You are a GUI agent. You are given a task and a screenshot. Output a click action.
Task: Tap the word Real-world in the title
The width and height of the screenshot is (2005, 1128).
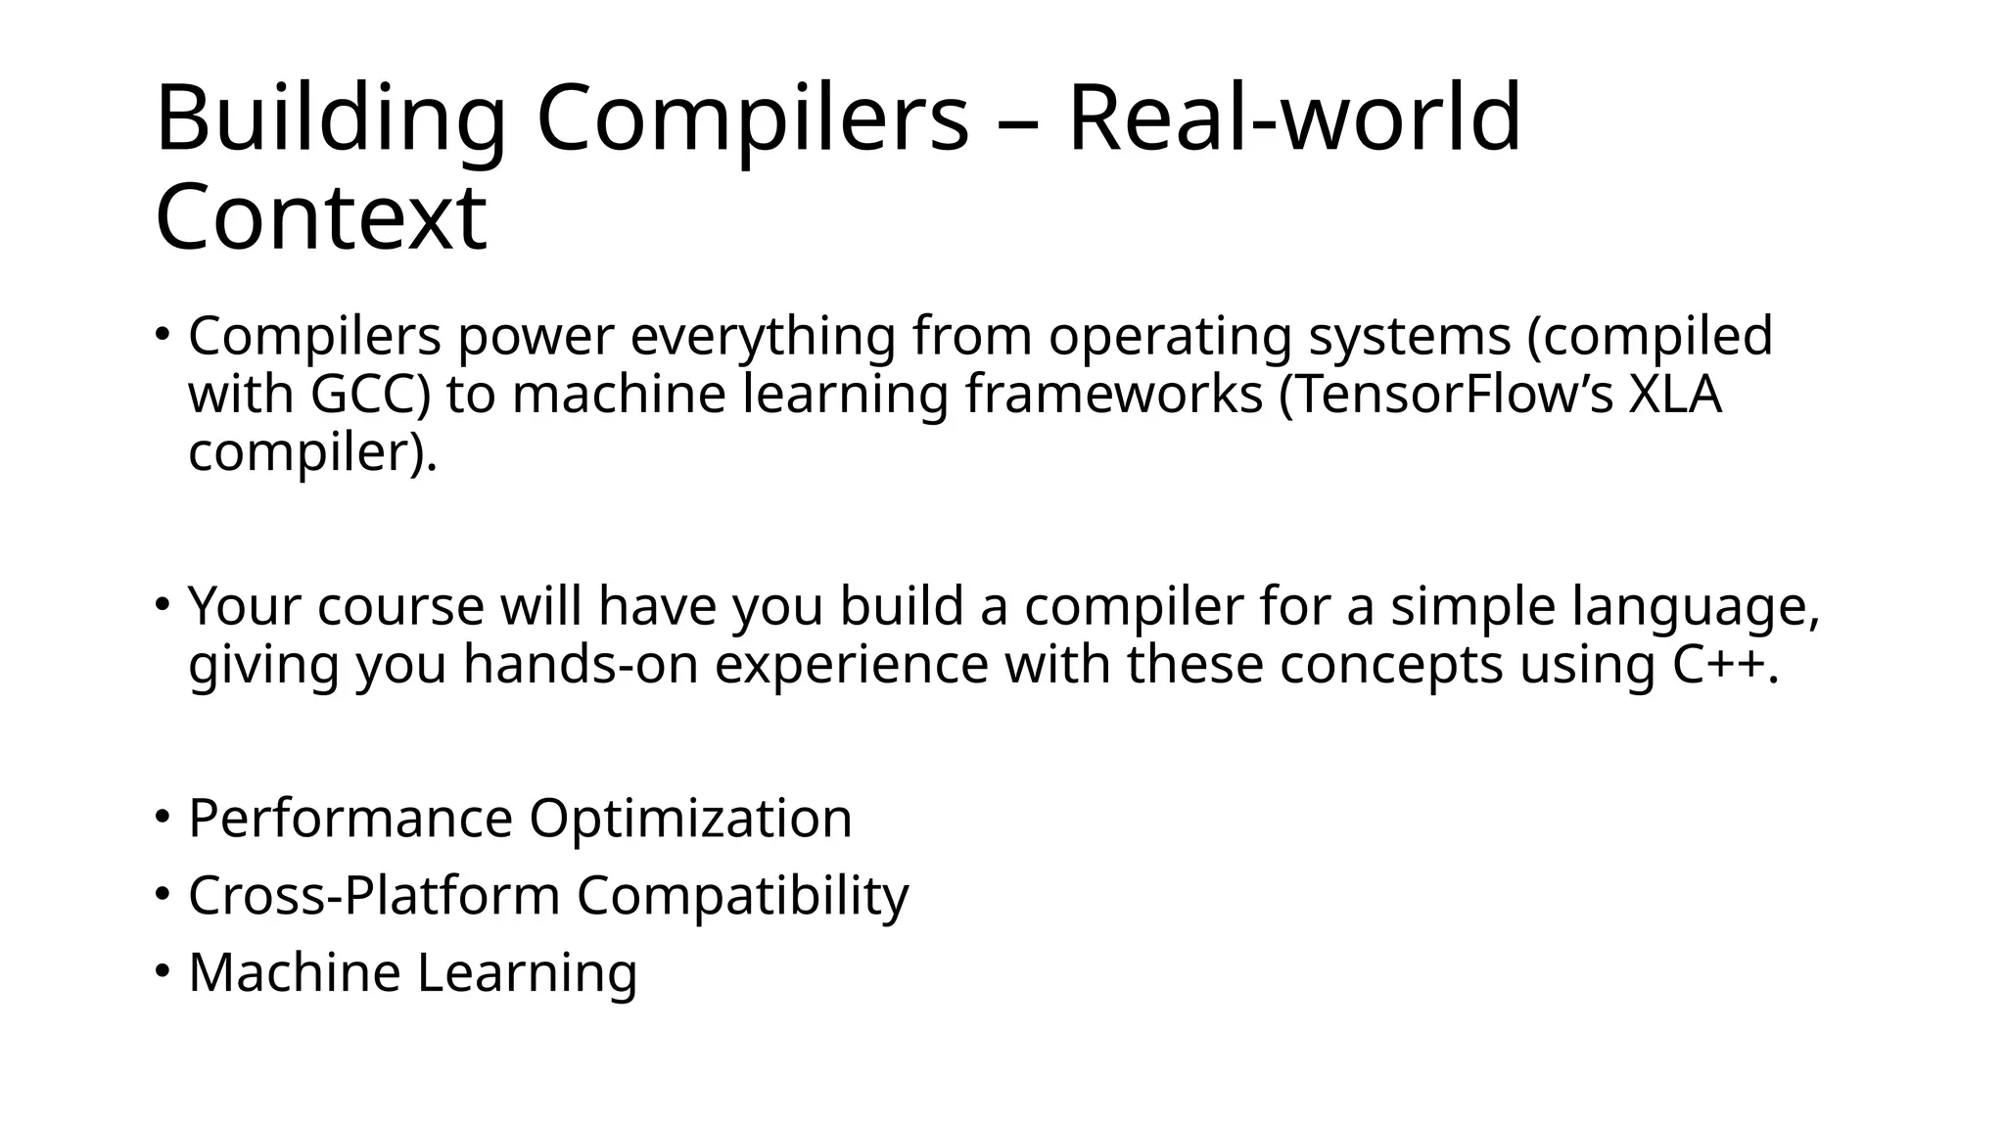point(1293,118)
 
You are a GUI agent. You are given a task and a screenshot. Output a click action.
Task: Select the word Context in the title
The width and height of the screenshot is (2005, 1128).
point(320,216)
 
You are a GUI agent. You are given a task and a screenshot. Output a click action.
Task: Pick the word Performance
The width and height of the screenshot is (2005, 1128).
point(350,819)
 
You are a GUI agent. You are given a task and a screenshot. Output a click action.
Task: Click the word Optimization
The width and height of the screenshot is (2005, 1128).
point(690,819)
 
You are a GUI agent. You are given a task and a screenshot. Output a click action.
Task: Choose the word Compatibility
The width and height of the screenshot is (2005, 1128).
point(742,895)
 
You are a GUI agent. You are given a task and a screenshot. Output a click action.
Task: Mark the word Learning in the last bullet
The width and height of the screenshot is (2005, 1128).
point(528,972)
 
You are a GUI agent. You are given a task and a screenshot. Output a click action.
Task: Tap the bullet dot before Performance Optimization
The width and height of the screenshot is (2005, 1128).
point(163,817)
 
